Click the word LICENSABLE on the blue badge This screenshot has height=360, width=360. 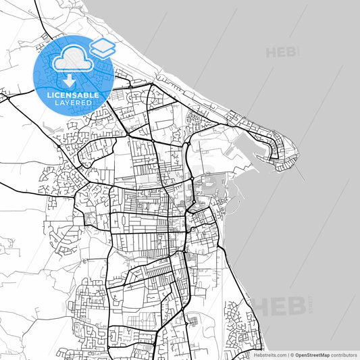click(73, 95)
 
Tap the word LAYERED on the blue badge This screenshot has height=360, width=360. click(73, 103)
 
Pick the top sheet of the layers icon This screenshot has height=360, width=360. click(102, 44)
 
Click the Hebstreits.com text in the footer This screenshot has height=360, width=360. click(269, 355)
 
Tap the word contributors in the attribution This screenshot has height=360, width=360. click(344, 355)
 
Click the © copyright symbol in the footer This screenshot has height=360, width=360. click(292, 355)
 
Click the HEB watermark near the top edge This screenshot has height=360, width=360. click(282, 52)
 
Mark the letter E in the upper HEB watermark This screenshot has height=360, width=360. click(282, 52)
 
